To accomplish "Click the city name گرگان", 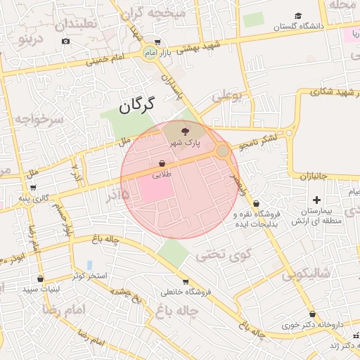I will (x=136, y=105).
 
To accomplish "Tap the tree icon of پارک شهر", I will (x=185, y=131).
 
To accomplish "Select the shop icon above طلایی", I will (x=162, y=163).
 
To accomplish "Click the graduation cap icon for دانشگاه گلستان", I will (x=299, y=15).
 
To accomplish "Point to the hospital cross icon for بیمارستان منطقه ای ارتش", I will (x=316, y=201).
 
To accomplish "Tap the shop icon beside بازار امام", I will (x=155, y=42).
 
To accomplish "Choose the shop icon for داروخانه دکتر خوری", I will (x=312, y=314).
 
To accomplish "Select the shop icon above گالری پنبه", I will (x=33, y=188).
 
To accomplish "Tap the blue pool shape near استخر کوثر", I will (x=89, y=265).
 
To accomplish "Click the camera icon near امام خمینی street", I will (x=65, y=41).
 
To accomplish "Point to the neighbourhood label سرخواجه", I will (x=39, y=121).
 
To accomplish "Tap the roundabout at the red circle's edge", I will (x=223, y=151).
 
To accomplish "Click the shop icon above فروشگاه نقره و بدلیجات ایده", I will (x=255, y=203).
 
